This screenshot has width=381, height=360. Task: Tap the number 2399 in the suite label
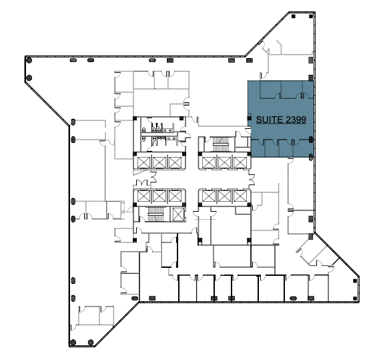pyautogui.click(x=296, y=120)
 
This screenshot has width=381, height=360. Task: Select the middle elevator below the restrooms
pyautogui.click(x=159, y=162)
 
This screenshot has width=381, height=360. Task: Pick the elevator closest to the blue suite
pyautogui.click(x=240, y=162)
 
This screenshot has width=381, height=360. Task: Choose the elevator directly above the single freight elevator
pyautogui.click(x=175, y=196)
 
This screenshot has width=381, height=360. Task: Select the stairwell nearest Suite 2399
pyautogui.click(x=221, y=144)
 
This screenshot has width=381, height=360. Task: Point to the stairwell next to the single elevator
pyautogui.click(x=155, y=214)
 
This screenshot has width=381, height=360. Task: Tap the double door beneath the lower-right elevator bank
pyautogui.click(x=205, y=213)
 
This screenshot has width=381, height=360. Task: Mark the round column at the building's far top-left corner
pyautogui.click(x=29, y=60)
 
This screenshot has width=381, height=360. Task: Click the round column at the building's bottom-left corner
pyautogui.click(x=73, y=343)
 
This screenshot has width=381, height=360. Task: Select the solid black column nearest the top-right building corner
pyautogui.click(x=311, y=16)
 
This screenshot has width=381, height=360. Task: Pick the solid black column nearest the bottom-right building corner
pyautogui.click(x=355, y=299)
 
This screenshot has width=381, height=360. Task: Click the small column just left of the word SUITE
pyautogui.click(x=250, y=118)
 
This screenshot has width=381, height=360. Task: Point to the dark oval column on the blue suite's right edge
pyautogui.click(x=311, y=140)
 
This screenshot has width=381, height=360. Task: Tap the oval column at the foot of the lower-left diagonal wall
pyautogui.click(x=135, y=298)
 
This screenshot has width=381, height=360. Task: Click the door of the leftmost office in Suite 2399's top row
pyautogui.click(x=278, y=96)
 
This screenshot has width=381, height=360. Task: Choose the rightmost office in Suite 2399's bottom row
pyautogui.click(x=303, y=148)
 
